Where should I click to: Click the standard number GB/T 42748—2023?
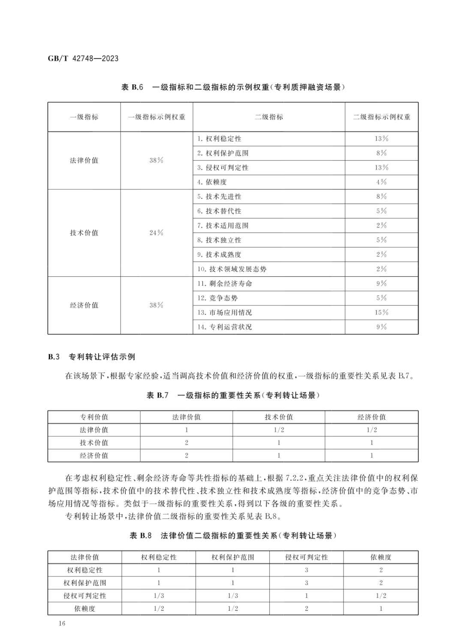click(x=83, y=58)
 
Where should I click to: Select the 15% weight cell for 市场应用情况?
click(x=381, y=313)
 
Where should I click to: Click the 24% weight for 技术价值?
click(x=156, y=233)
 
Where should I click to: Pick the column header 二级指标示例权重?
click(x=381, y=117)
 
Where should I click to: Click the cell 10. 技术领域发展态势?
click(x=232, y=269)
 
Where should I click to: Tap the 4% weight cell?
click(x=381, y=182)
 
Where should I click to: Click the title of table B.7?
click(x=233, y=395)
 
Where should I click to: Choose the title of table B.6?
click(x=233, y=87)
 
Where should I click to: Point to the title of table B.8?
click(x=233, y=535)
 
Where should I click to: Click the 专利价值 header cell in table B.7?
click(x=94, y=417)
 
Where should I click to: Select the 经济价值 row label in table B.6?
click(x=84, y=305)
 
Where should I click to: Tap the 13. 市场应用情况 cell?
click(x=225, y=313)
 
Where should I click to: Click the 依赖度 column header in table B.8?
click(x=381, y=557)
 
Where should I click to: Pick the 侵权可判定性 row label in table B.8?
click(x=85, y=596)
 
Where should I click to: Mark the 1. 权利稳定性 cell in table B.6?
click(x=219, y=139)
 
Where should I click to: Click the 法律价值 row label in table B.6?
click(x=84, y=161)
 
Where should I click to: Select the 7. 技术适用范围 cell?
click(x=223, y=226)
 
